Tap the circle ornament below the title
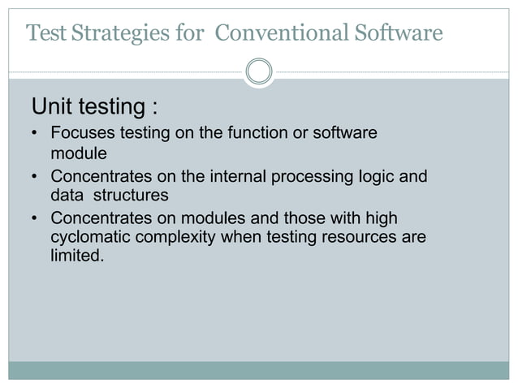click(x=259, y=71)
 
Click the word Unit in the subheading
click(x=54, y=107)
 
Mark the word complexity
click(x=171, y=238)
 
